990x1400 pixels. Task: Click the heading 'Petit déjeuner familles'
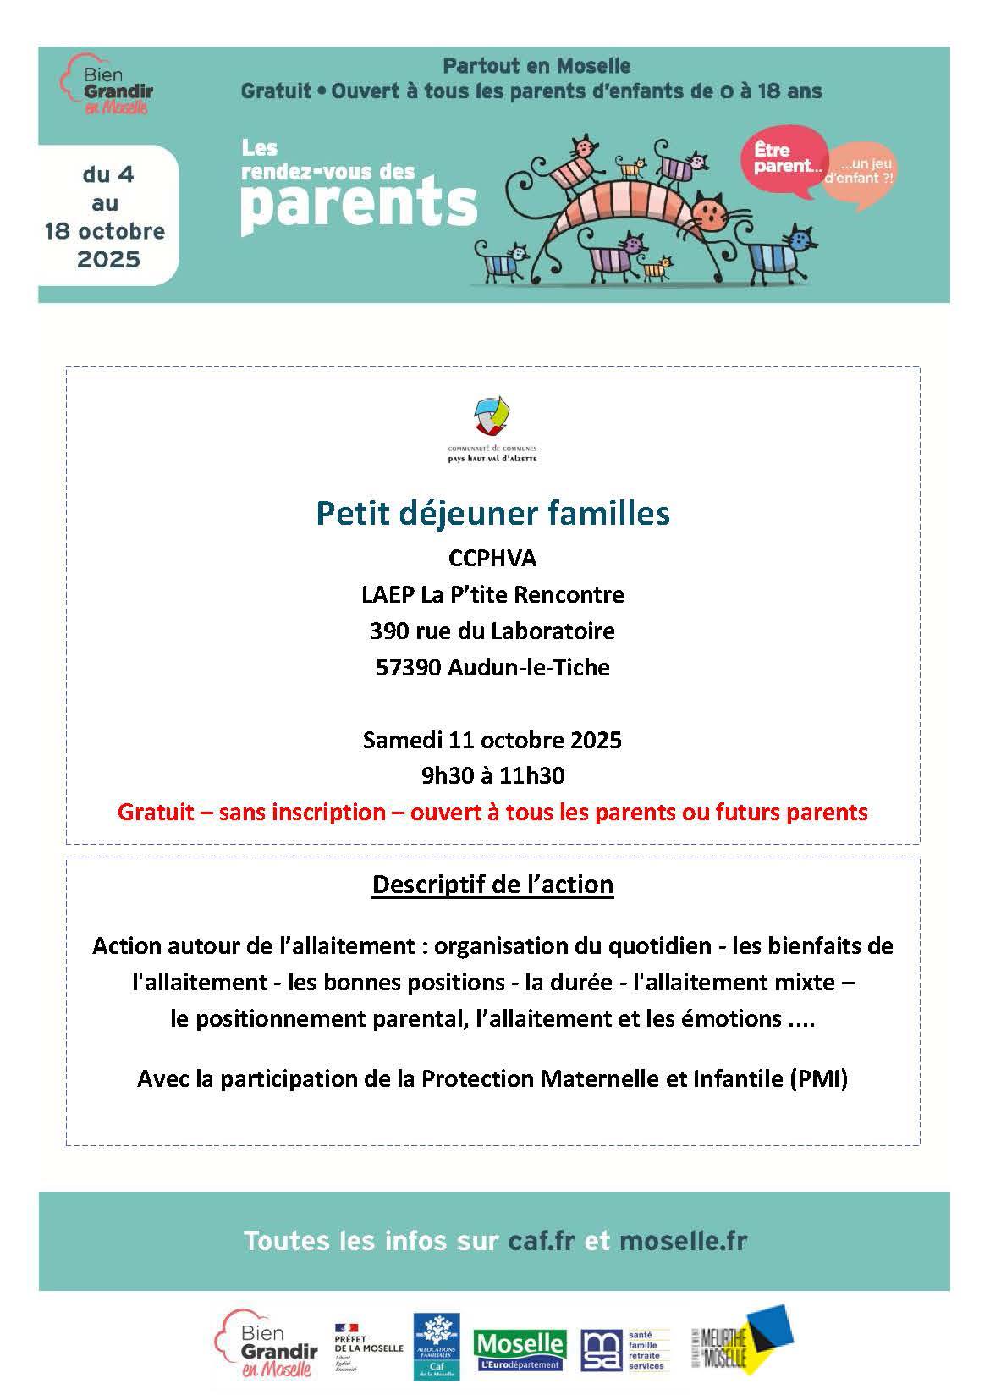click(x=492, y=513)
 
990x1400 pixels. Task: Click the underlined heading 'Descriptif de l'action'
click(x=492, y=885)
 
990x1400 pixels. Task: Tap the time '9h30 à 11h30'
click(x=492, y=775)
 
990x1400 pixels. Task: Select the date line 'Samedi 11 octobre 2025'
click(x=492, y=740)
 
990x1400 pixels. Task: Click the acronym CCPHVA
click(x=492, y=559)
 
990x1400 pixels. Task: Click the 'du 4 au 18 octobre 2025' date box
click(x=106, y=217)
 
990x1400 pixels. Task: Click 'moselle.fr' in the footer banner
click(x=683, y=1241)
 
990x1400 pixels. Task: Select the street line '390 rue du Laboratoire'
click(x=492, y=631)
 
